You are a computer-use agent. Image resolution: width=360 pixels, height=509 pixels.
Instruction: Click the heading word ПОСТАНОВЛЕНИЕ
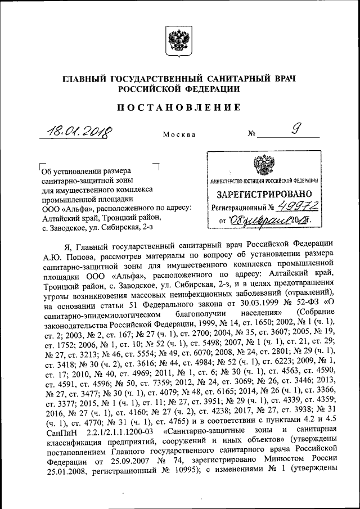[179, 107]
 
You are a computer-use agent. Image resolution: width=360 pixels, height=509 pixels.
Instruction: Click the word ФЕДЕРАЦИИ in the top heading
[210, 89]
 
